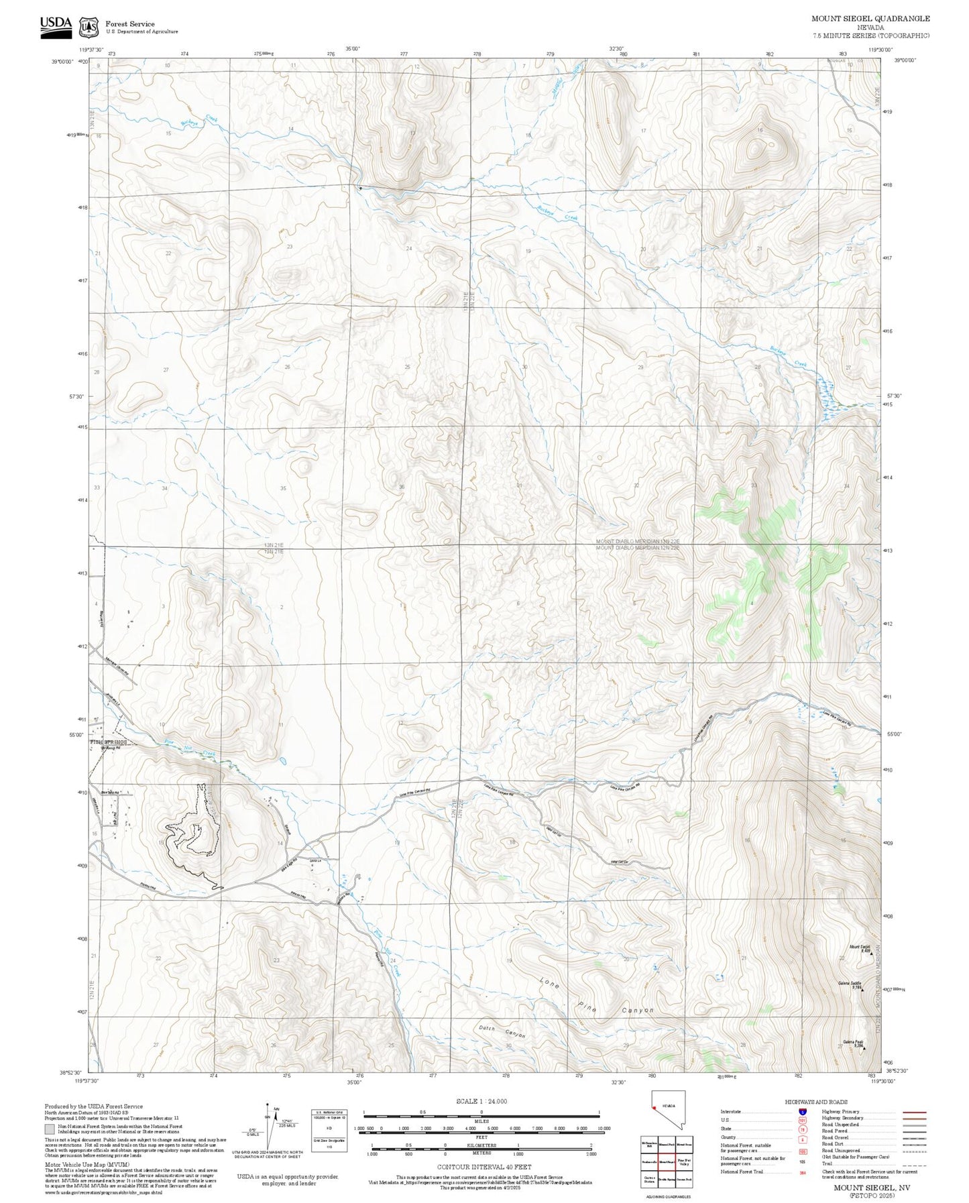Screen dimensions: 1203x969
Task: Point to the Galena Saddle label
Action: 848,983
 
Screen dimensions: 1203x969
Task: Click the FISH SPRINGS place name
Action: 108,742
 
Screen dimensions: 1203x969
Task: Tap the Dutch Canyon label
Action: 502,1031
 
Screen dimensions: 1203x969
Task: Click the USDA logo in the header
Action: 56,25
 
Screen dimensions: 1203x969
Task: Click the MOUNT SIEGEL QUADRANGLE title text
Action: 870,19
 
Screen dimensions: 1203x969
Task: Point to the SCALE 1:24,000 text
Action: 481,1101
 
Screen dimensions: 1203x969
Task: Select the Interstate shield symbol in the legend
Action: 802,1112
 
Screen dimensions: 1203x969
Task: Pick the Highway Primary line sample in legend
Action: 914,1112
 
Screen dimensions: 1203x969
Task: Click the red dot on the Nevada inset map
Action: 654,1127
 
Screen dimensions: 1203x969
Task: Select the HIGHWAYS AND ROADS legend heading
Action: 815,1102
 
